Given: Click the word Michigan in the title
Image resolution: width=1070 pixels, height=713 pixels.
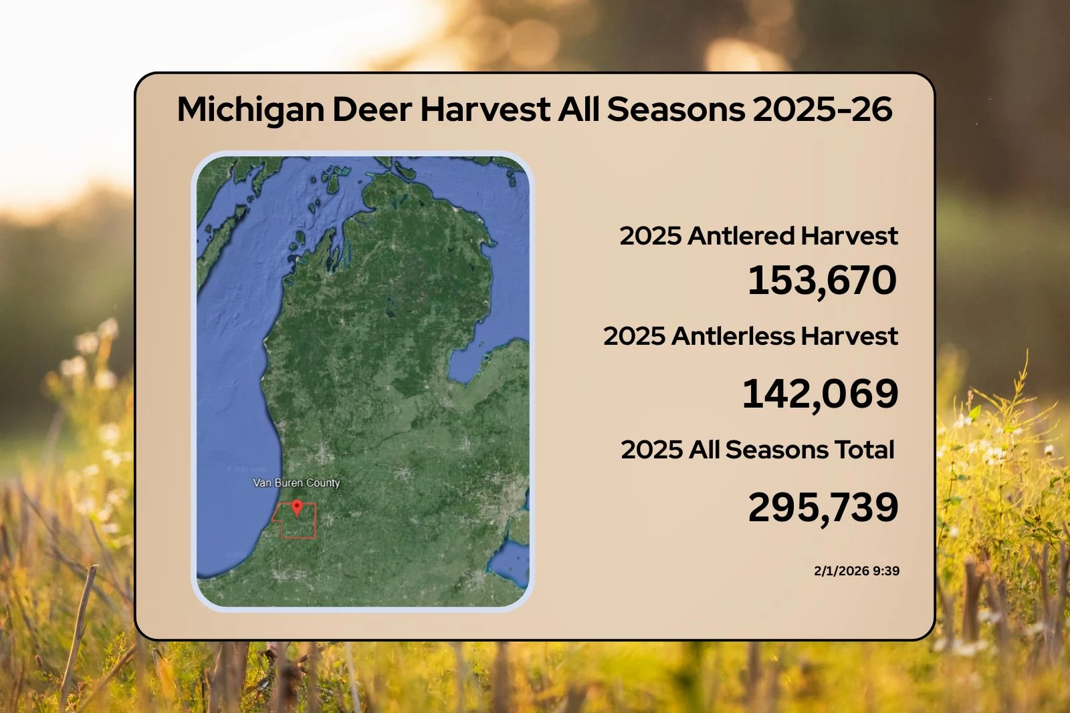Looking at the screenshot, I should (x=251, y=110).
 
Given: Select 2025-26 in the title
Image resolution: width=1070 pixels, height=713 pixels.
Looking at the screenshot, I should (x=822, y=110).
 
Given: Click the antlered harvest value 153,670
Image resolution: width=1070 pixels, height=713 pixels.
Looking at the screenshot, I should (x=822, y=280).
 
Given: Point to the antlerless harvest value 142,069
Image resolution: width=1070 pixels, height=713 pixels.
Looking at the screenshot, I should (x=820, y=394).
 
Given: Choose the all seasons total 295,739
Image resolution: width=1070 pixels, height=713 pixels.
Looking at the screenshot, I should (x=823, y=507).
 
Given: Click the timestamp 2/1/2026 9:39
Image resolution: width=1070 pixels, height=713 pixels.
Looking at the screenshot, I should (x=856, y=571).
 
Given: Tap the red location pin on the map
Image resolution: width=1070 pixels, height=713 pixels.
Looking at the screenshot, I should (x=298, y=508).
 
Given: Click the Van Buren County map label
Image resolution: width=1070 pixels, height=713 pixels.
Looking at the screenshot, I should (x=296, y=482).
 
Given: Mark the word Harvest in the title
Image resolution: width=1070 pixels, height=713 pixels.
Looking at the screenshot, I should (x=485, y=110).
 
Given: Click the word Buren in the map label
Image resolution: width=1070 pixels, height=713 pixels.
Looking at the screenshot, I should (x=288, y=482).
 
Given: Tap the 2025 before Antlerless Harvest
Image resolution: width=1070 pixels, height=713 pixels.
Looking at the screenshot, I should (x=634, y=336).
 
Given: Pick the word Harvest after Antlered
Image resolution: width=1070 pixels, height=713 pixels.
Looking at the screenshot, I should (x=849, y=236).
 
